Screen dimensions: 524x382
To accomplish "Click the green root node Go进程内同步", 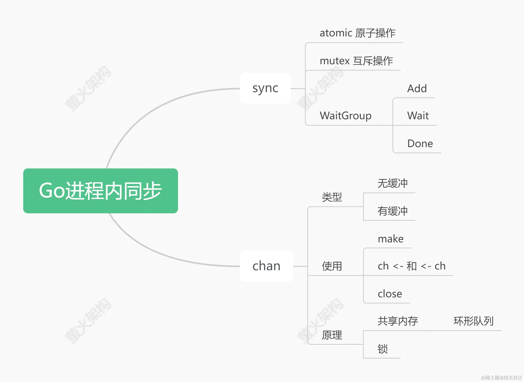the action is pyautogui.click(x=100, y=191).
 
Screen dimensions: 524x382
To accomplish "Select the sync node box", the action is pyautogui.click(x=265, y=88).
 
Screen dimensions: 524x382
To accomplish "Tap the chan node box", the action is pyautogui.click(x=266, y=266).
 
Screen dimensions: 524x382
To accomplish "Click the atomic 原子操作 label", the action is pyautogui.click(x=357, y=33).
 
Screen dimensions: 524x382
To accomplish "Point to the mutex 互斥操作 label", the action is pyautogui.click(x=356, y=61).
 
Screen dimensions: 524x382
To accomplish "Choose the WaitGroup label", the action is pyautogui.click(x=345, y=115).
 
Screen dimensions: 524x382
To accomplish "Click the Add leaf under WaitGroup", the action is pyautogui.click(x=417, y=89).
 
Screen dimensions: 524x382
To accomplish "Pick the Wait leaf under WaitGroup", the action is pyautogui.click(x=418, y=115).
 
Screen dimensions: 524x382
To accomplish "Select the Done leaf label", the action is pyautogui.click(x=420, y=144).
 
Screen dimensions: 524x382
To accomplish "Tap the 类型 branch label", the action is pyautogui.click(x=332, y=197).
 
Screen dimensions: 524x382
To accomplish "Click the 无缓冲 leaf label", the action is pyautogui.click(x=392, y=183).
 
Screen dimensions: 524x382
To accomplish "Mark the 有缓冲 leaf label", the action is pyautogui.click(x=392, y=211).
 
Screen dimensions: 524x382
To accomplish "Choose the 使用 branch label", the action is pyautogui.click(x=332, y=266).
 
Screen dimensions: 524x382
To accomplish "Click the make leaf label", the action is pyautogui.click(x=391, y=239).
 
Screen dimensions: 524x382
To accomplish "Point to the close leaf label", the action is pyautogui.click(x=390, y=294).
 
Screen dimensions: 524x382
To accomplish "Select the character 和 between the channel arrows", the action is pyautogui.click(x=412, y=266).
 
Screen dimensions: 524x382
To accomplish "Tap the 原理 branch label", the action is pyautogui.click(x=332, y=335).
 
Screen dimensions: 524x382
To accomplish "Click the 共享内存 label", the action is pyautogui.click(x=398, y=321).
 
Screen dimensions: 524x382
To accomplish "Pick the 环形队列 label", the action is pyautogui.click(x=473, y=321).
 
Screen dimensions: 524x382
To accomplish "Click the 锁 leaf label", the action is pyautogui.click(x=383, y=349).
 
